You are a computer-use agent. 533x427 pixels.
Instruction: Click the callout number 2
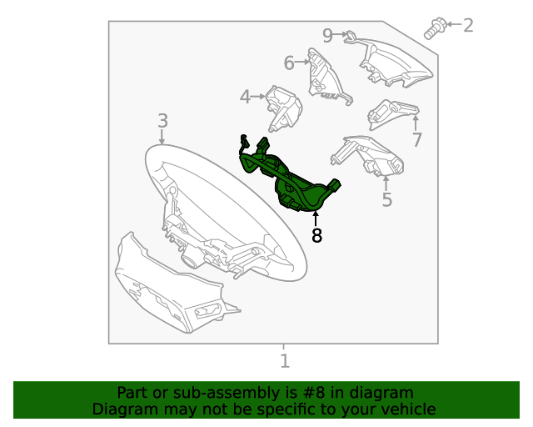(468, 25)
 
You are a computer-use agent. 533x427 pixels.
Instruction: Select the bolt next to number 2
(434, 28)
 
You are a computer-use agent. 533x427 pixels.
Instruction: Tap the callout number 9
(327, 35)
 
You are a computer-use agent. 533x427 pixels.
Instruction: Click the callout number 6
(289, 63)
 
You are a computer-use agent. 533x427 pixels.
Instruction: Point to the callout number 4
(245, 98)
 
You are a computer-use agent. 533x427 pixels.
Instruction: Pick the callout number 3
(162, 122)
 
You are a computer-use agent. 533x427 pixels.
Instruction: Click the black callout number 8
(316, 236)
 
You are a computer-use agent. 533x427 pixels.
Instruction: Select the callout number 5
(386, 199)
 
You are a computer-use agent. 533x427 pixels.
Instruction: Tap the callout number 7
(417, 140)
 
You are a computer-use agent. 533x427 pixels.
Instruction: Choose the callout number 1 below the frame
(284, 361)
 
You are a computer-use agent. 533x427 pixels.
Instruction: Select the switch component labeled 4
(283, 106)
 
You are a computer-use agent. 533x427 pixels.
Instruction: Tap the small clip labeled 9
(351, 35)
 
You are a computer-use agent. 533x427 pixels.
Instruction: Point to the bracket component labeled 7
(391, 112)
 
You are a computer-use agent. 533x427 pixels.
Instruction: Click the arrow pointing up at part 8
(316, 219)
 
